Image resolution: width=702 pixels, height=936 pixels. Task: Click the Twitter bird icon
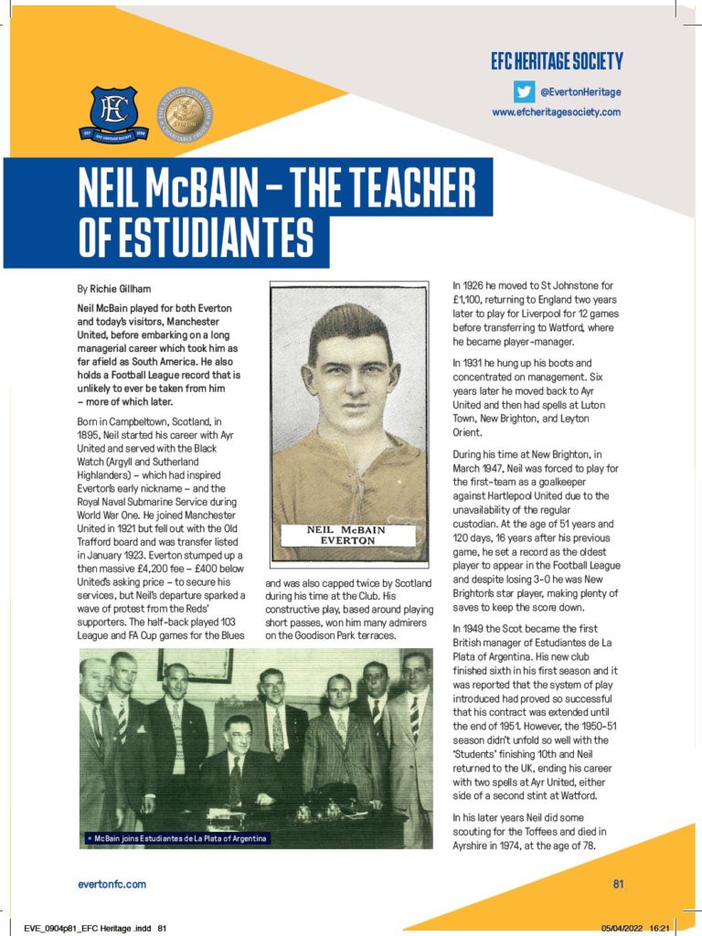pos(523,90)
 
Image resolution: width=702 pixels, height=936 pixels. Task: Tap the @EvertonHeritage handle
pos(580,91)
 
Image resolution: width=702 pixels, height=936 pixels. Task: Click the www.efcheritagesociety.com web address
pos(556,112)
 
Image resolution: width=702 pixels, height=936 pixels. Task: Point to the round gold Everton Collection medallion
pos(183,112)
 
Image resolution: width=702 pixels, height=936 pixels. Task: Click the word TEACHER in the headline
pos(406,194)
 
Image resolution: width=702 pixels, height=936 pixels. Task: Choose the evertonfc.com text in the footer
pos(112,884)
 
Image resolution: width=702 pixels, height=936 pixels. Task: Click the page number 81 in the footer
pos(618,884)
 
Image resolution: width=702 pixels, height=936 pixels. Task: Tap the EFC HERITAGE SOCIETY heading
pos(556,62)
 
